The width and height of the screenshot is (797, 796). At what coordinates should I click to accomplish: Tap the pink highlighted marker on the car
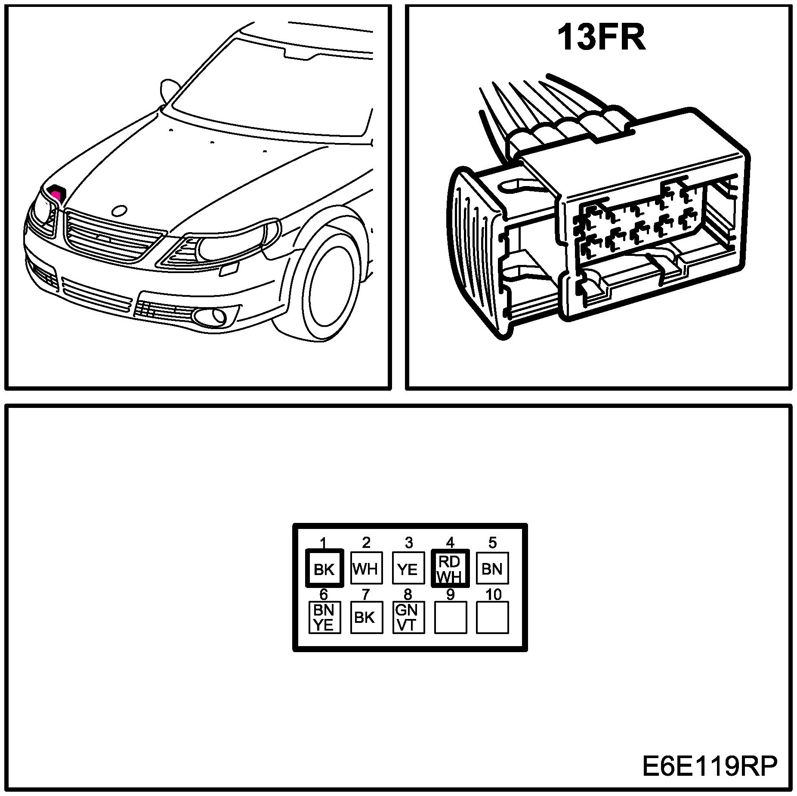coord(56,192)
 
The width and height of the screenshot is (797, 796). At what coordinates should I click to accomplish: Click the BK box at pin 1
coord(324,568)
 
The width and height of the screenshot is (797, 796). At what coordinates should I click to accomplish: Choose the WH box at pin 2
coord(366,568)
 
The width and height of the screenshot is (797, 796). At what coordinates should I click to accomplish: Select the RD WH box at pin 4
coord(450,568)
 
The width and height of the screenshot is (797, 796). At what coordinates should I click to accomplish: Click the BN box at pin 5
coord(492,568)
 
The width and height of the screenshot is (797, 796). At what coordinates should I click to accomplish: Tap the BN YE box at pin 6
coord(324,617)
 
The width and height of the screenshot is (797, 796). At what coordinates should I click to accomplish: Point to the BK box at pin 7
coord(366,617)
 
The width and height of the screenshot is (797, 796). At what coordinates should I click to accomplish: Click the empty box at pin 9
coord(451,617)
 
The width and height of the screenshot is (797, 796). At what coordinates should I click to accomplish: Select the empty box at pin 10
coord(492,617)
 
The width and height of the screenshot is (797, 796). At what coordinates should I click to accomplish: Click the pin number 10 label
coord(493,595)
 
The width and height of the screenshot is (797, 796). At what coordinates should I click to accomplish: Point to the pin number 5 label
coord(492,542)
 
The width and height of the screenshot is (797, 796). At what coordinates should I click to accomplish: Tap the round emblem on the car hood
coord(119,211)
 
